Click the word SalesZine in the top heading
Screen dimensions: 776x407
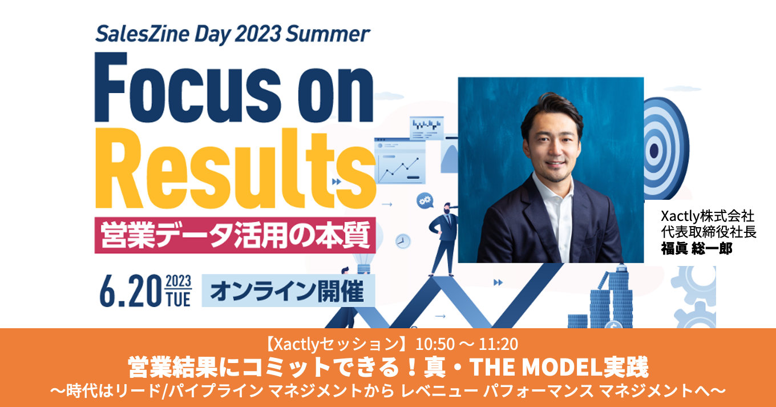(x=143, y=34)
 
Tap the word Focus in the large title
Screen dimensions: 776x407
(x=188, y=87)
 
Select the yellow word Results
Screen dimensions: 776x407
(x=236, y=169)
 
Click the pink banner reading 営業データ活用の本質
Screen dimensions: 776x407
(x=235, y=235)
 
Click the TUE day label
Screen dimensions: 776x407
(x=179, y=300)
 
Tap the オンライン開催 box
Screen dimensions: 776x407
(x=288, y=291)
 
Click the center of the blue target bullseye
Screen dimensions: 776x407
(x=654, y=150)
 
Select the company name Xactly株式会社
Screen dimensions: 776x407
(x=708, y=216)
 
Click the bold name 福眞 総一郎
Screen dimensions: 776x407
(x=697, y=248)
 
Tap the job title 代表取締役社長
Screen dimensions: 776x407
(x=709, y=232)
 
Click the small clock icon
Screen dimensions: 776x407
(x=403, y=241)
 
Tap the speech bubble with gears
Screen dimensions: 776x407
(x=425, y=200)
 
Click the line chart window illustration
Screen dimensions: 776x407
(x=400, y=161)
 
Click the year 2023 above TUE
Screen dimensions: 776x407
(x=179, y=281)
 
